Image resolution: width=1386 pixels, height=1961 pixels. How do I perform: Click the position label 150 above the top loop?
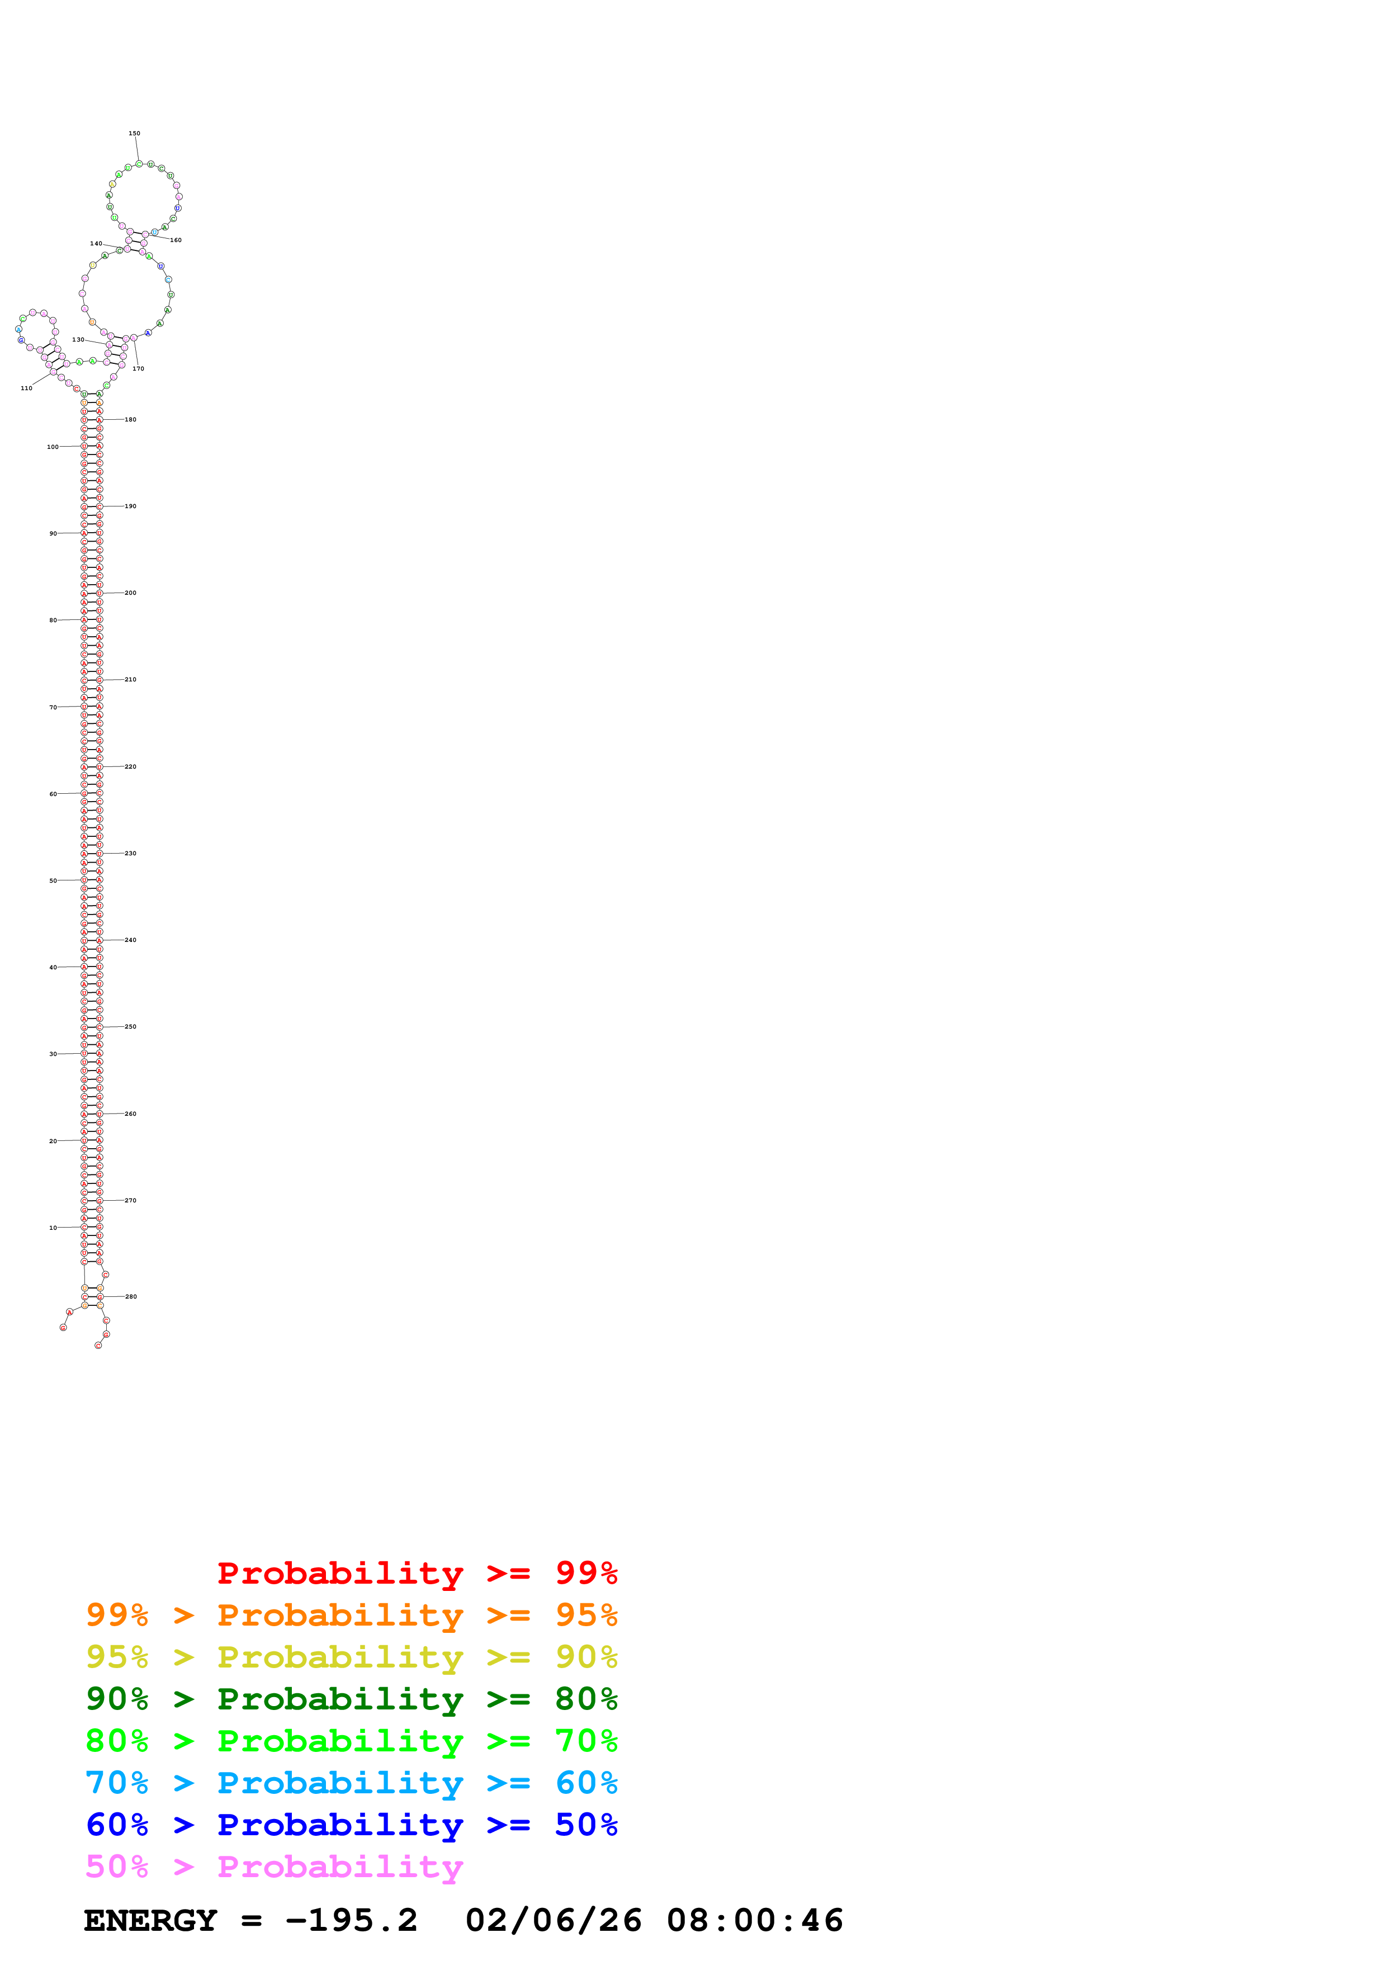point(134,133)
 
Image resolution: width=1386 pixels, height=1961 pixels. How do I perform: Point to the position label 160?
point(176,240)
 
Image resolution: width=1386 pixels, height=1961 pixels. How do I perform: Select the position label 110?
point(26,388)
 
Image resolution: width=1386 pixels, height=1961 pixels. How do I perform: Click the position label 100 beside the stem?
point(53,447)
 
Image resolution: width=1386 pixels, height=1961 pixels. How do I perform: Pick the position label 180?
point(131,419)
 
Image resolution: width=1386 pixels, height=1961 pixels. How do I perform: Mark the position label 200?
point(131,593)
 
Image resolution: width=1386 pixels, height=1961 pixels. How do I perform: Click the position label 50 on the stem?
point(53,880)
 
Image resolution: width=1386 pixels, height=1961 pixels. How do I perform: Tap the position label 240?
point(131,940)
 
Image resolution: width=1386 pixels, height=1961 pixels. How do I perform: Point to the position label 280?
point(131,1296)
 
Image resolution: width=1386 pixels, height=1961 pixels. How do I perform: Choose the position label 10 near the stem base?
point(53,1228)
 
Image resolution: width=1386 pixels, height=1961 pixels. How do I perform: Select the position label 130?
point(78,340)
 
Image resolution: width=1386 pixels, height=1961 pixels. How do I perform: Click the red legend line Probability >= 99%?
point(417,1572)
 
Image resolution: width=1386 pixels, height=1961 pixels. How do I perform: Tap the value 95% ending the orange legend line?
point(586,1614)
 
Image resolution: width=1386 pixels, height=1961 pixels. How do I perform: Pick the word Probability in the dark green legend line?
point(340,1699)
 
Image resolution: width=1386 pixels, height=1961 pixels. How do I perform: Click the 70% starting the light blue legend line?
point(117,1783)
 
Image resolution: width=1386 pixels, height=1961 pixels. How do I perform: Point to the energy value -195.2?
point(352,1920)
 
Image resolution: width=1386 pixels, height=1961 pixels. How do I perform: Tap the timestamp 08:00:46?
point(755,1920)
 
